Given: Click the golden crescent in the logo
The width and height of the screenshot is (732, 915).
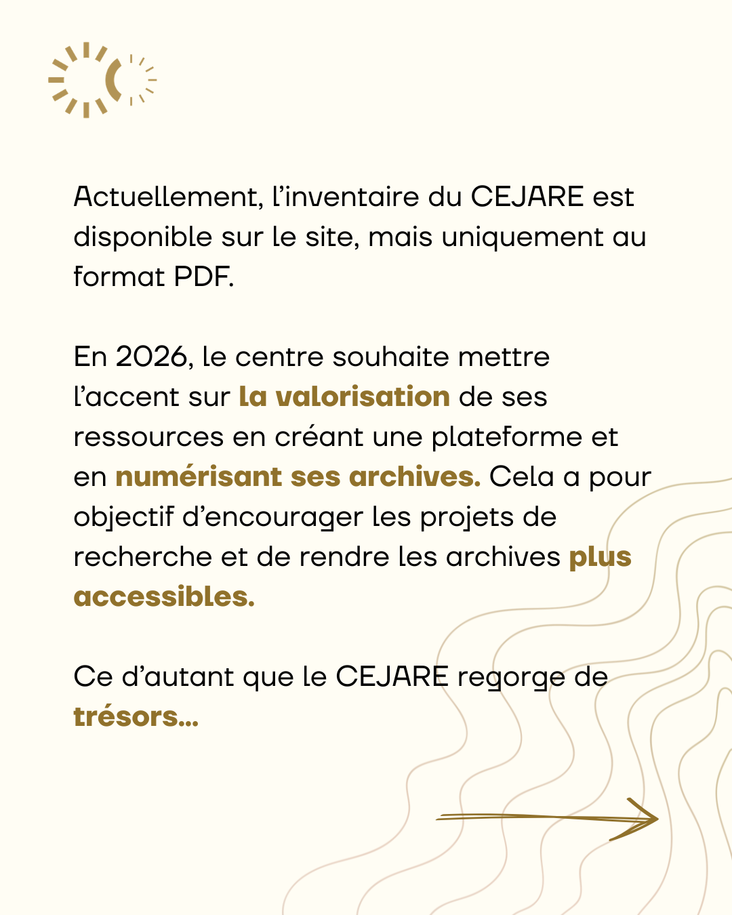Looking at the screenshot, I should [x=115, y=80].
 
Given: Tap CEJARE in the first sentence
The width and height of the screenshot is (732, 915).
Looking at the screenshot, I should [x=527, y=197].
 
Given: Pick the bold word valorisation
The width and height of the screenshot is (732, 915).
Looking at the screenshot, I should [x=363, y=397].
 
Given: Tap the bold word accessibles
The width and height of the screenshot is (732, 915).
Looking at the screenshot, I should [x=163, y=597].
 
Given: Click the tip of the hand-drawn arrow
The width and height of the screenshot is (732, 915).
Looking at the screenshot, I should [x=656, y=819].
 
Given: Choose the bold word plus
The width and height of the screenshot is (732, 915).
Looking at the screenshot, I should [x=600, y=557].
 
